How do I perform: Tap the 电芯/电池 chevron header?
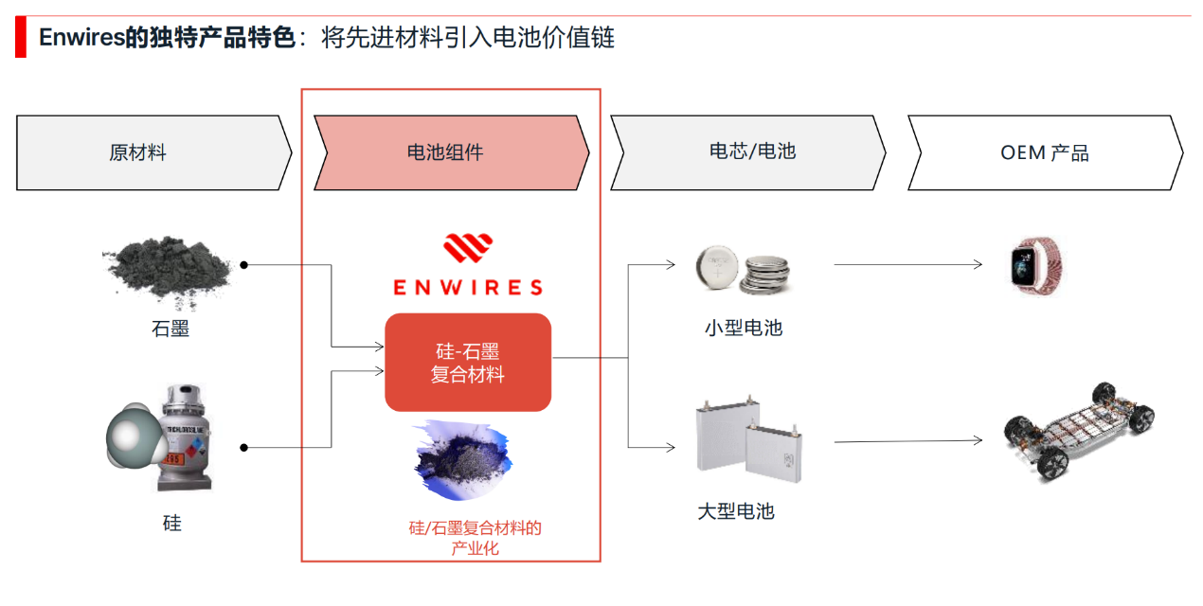[748, 152]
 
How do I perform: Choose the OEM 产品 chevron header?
[1045, 152]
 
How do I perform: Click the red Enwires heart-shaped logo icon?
[468, 250]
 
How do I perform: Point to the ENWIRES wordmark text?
[468, 287]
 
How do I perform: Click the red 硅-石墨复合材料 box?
[468, 363]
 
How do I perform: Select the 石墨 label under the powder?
[171, 330]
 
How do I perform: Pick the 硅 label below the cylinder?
[171, 523]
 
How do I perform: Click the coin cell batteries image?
[744, 272]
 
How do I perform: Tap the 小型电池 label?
[744, 329]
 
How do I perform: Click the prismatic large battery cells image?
[750, 437]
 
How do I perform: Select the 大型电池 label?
[736, 511]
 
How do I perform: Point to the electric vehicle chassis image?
[1080, 432]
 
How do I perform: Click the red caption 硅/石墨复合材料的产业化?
[475, 537]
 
